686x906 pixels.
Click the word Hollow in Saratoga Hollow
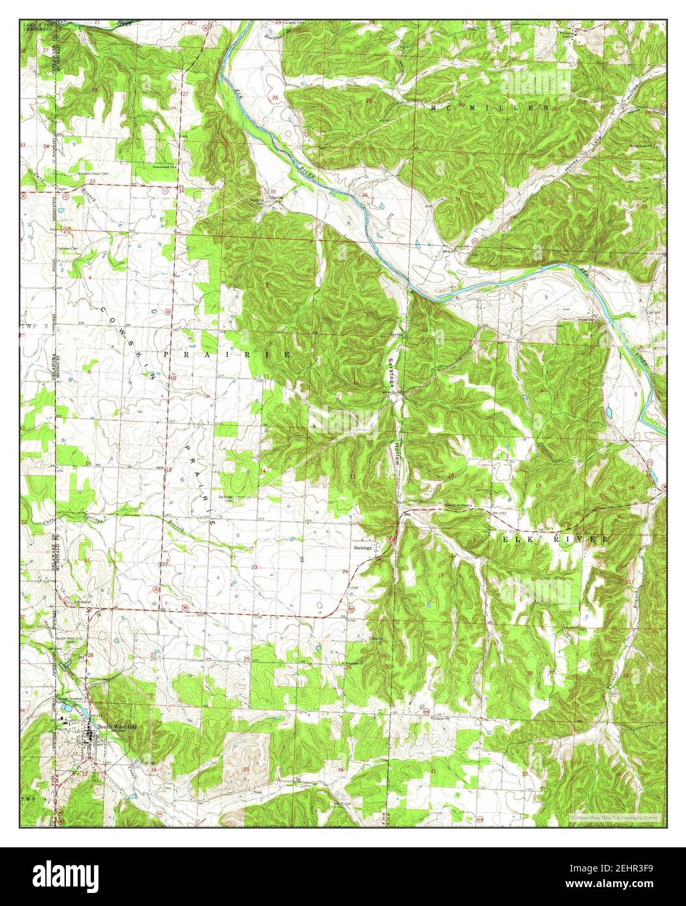[x=396, y=452]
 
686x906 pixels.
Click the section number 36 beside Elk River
[x=365, y=195]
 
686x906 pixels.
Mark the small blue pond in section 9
[x=608, y=413]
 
